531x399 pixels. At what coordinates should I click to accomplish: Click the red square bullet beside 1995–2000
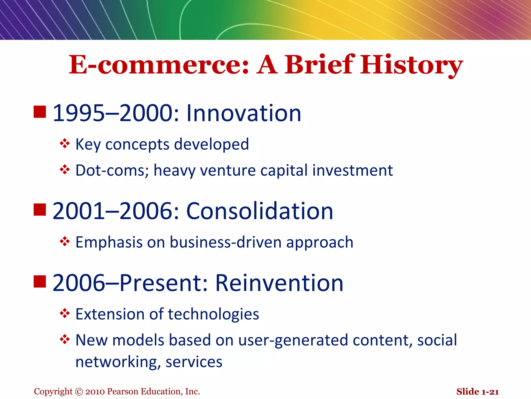(x=40, y=112)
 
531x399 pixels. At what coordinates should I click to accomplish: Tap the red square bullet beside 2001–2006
(x=40, y=210)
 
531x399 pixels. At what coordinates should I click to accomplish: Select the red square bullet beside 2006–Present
(x=40, y=282)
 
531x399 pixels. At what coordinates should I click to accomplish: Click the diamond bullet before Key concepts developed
(x=65, y=143)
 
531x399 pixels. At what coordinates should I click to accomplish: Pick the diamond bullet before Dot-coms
(x=65, y=170)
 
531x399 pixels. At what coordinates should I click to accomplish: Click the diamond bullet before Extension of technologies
(x=65, y=313)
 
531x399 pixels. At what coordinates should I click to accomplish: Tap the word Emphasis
(x=109, y=242)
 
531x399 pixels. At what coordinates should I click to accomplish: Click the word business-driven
(x=226, y=242)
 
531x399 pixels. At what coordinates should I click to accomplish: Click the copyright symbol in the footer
(x=79, y=392)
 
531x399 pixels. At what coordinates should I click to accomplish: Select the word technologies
(x=213, y=314)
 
